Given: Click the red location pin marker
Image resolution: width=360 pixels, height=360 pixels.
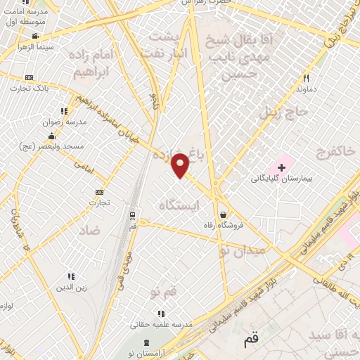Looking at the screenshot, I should point(181,165).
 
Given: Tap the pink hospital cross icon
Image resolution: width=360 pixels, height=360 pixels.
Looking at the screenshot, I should point(282,167).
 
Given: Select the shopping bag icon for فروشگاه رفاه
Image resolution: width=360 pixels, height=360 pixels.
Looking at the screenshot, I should point(223,214).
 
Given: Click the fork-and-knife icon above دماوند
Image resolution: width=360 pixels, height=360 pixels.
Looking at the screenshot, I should point(306,78).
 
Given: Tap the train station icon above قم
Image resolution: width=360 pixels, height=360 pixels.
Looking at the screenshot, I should point(132,214).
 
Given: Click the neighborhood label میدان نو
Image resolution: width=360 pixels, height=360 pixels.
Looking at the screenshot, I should point(250,248).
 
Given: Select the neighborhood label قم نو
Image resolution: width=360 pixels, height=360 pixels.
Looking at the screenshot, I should point(166,290).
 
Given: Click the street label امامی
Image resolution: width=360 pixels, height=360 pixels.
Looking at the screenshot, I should point(84,164).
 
